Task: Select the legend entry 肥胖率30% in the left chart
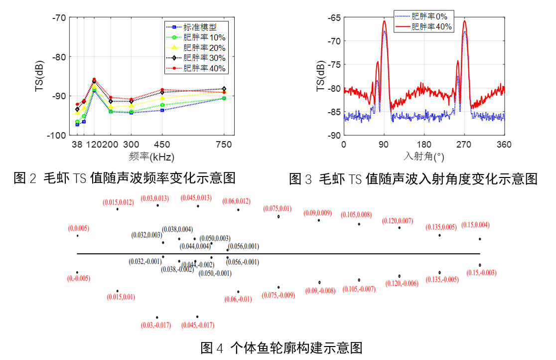[x=204, y=58]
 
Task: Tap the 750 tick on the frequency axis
[x=224, y=145]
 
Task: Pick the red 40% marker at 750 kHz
[x=224, y=92]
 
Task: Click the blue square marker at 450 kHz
[x=162, y=110]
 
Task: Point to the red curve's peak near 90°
[x=384, y=21]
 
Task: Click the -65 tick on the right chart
[x=332, y=17]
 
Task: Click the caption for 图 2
[x=125, y=178]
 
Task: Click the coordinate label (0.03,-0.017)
[x=156, y=325]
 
